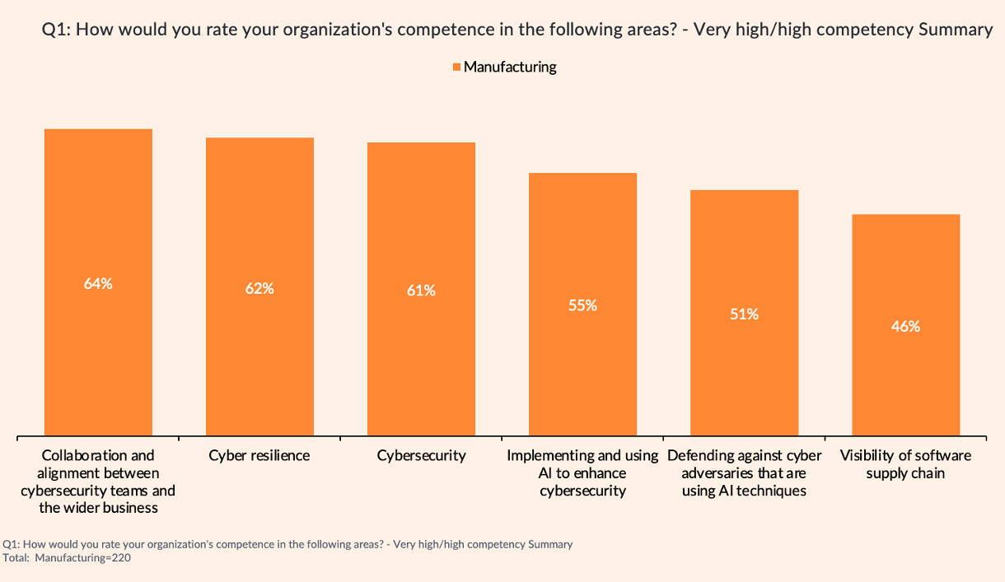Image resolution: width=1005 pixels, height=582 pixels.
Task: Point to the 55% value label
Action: (582, 305)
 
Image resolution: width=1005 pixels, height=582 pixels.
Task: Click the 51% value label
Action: (744, 314)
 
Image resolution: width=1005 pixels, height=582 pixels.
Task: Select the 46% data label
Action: (905, 326)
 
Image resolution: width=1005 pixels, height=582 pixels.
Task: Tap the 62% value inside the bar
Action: (259, 289)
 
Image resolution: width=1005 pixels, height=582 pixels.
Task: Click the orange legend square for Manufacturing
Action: (456, 68)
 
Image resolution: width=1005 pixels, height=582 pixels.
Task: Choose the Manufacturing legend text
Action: (510, 68)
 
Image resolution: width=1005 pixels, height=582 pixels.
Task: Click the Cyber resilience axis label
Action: (259, 455)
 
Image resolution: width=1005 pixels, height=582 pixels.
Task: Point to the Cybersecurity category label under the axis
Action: (421, 455)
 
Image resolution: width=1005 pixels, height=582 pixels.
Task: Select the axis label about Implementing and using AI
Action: (582, 473)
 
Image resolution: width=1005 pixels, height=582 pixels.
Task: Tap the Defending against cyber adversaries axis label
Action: (744, 473)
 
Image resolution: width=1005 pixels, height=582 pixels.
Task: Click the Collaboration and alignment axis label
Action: (98, 482)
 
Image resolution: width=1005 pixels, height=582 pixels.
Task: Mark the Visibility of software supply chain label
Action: (905, 464)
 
